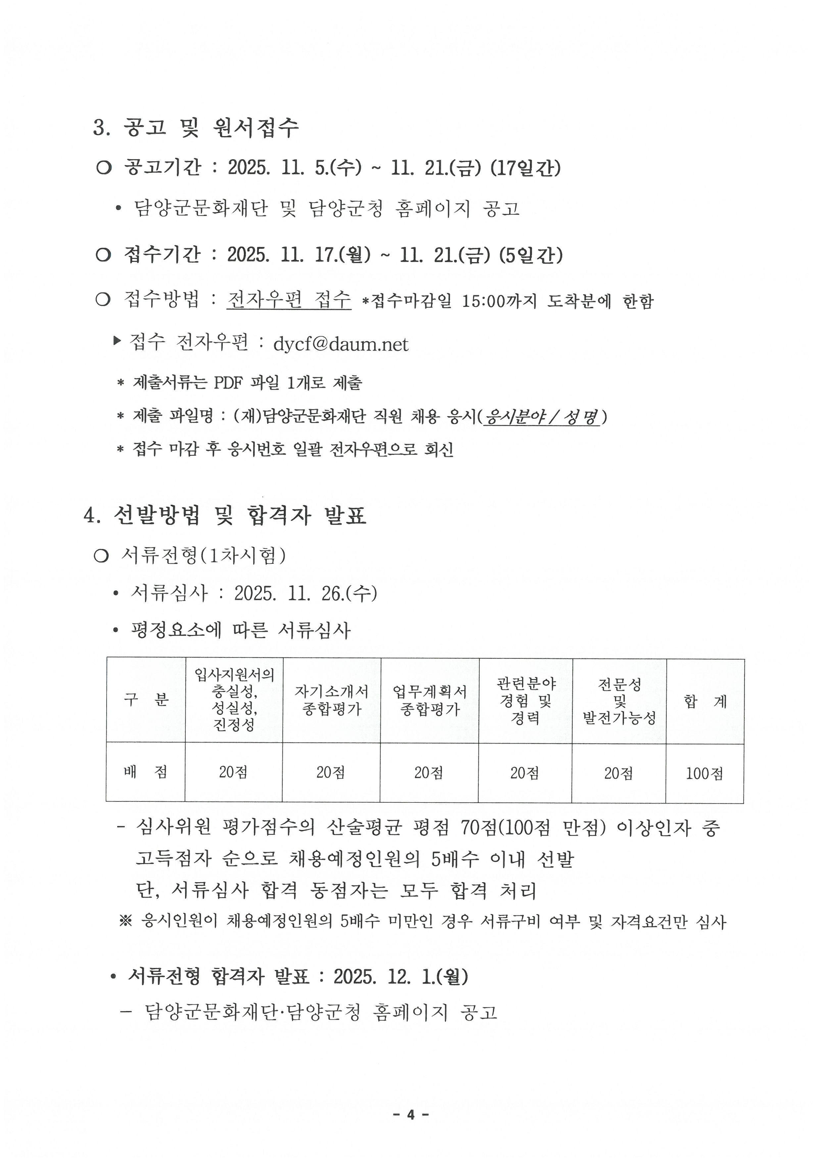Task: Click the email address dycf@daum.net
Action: pos(340,344)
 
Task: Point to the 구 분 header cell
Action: pos(146,700)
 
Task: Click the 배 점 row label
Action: pos(146,772)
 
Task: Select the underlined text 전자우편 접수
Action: pos(289,300)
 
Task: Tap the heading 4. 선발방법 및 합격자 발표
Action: pos(225,516)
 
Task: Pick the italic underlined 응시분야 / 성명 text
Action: pos(541,417)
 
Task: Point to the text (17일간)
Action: pos(525,168)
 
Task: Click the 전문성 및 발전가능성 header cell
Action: pos(619,701)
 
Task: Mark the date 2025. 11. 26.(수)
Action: pos(305,594)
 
